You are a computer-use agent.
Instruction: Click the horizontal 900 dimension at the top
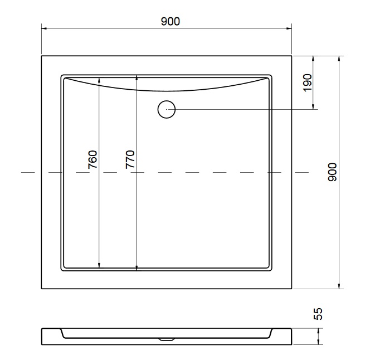coord(171,21)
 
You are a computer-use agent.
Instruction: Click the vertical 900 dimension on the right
coord(333,172)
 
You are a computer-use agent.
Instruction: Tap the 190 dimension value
coord(308,82)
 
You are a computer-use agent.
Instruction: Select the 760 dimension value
coord(93,159)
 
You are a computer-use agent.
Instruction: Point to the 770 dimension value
coord(130,159)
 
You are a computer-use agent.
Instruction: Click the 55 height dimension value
coord(318,314)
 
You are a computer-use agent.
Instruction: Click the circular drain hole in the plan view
coord(167,109)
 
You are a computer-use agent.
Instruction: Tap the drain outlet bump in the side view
coord(167,339)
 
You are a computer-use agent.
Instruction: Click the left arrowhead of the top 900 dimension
coord(44,28)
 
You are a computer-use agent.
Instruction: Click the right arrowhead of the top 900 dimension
coord(289,28)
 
